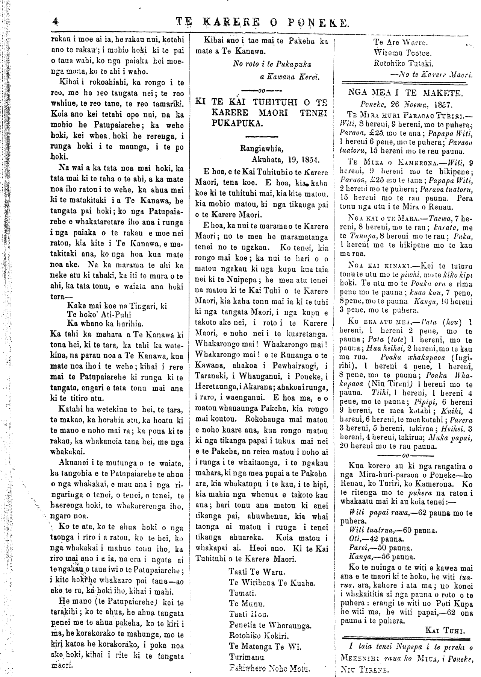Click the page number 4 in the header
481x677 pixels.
[x=56, y=22]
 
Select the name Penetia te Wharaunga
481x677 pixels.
[x=270, y=625]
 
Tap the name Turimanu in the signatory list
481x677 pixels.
[x=247, y=657]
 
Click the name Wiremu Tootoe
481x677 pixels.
[x=403, y=53]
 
